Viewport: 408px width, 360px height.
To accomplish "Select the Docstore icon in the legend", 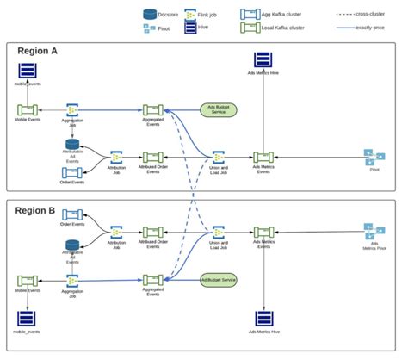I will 150,13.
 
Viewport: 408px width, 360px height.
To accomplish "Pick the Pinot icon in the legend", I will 150,28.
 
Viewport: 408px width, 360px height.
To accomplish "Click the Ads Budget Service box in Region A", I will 219,110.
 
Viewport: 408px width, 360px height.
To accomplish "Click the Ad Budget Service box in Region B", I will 219,280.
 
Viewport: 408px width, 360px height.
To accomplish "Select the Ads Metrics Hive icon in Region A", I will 264,61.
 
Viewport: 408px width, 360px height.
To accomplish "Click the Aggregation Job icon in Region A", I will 73,110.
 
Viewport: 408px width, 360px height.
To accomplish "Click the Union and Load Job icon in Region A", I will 219,157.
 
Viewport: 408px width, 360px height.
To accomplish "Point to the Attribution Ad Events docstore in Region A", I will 72,145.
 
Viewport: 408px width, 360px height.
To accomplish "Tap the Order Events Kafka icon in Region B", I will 72,214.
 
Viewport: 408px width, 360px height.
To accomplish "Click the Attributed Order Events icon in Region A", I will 152,157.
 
